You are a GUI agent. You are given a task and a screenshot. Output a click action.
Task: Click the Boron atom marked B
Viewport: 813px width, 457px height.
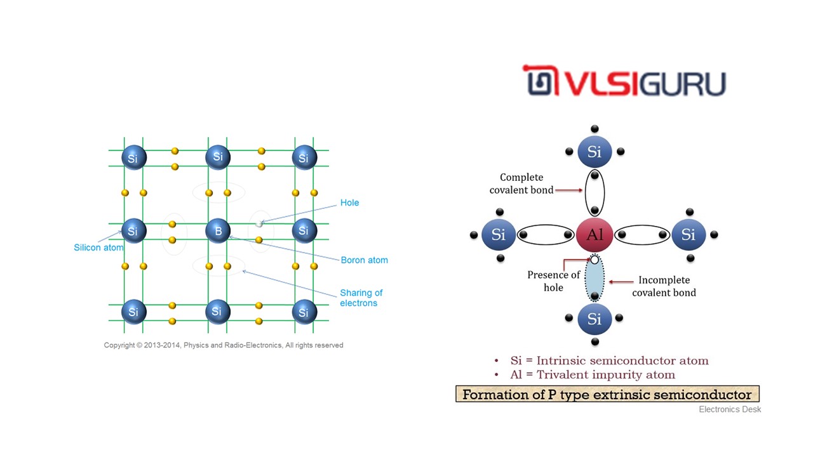(218, 231)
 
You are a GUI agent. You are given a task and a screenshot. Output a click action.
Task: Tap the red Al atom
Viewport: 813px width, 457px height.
(595, 235)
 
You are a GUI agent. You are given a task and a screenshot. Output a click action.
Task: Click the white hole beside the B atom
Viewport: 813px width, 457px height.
(259, 224)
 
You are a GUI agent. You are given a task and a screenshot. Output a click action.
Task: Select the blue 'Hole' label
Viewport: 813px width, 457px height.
(349, 203)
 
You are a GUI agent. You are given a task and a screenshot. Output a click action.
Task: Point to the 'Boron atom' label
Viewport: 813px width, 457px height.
(364, 260)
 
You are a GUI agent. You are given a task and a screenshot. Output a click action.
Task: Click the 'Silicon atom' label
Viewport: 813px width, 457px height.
(98, 248)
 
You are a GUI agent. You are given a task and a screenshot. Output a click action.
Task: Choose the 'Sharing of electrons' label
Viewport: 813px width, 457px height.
(361, 298)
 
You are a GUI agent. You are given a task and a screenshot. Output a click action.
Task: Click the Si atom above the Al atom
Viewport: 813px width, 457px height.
(595, 152)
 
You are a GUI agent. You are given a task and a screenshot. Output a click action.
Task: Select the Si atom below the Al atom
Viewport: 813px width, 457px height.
(595, 319)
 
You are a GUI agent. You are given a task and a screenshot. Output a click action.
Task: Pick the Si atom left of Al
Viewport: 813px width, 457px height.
(499, 235)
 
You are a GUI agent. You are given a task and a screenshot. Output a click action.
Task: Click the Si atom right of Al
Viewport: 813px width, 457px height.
(689, 235)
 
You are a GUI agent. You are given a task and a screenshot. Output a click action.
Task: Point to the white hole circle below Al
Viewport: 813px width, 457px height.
(595, 260)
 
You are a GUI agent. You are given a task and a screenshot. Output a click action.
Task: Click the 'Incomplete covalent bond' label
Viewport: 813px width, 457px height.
(664, 286)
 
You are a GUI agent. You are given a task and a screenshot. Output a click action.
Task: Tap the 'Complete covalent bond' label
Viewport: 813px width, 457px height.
(521, 183)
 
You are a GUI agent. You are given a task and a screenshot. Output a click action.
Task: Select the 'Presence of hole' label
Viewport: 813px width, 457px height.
(553, 281)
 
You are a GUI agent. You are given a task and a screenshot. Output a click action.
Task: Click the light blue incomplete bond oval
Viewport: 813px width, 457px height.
(595, 279)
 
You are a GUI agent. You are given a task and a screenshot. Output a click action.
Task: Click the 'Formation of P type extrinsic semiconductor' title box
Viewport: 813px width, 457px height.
(607, 394)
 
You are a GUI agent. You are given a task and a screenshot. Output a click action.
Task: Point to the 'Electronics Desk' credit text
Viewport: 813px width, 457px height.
(730, 409)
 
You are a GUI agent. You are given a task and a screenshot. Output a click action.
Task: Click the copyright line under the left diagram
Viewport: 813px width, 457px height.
(224, 345)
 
